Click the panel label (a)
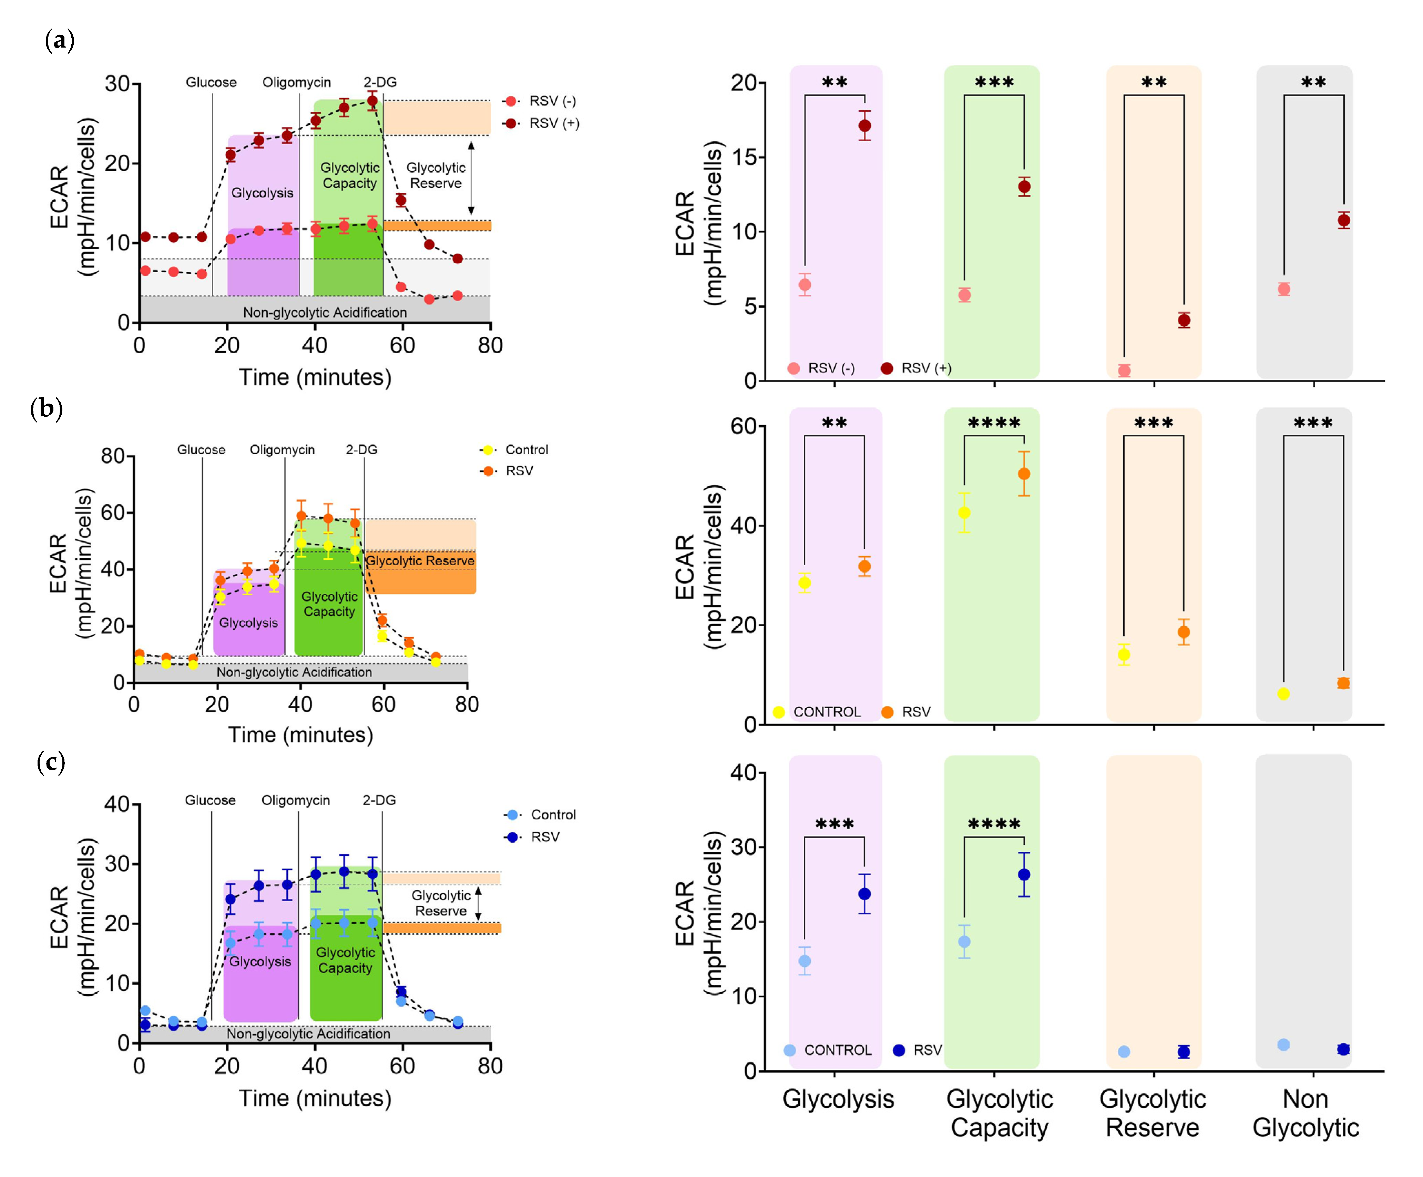click(60, 41)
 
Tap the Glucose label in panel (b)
click(201, 449)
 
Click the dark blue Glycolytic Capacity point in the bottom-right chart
click(1024, 875)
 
